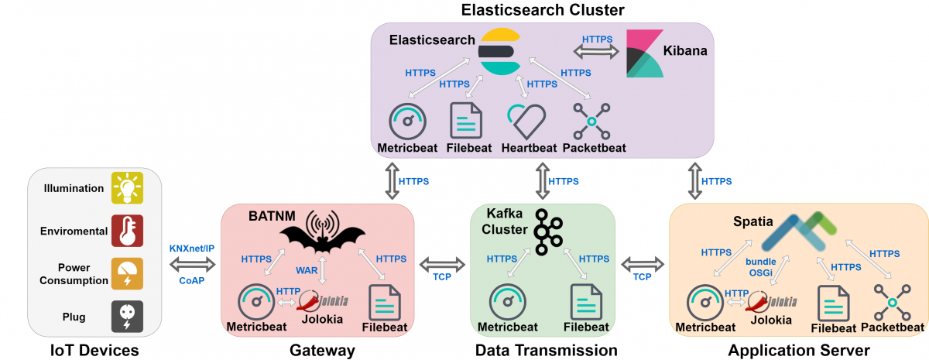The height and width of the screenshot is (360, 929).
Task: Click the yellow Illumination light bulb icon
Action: tap(126, 187)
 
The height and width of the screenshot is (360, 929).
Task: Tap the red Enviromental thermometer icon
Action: tap(126, 230)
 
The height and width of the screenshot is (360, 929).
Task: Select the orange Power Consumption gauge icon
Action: tap(126, 273)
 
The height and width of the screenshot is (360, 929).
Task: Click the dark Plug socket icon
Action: tap(126, 316)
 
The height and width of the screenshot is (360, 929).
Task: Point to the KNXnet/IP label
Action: tap(192, 249)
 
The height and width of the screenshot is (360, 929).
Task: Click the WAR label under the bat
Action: tap(307, 271)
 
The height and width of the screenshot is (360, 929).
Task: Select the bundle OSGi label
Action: tap(759, 267)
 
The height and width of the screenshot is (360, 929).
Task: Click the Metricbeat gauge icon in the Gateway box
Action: tap(256, 303)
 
